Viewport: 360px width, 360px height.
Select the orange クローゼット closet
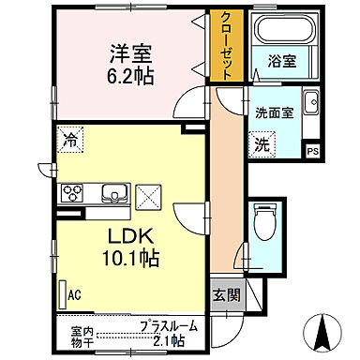pyautogui.click(x=226, y=48)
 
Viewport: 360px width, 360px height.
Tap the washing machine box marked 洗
pyautogui.click(x=265, y=144)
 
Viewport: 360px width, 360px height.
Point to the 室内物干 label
pyautogui.click(x=82, y=336)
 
